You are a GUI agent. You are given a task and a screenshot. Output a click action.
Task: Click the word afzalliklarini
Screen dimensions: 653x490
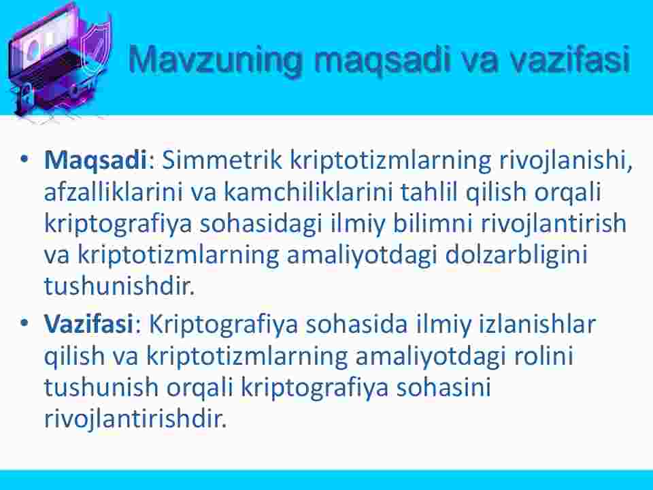114,192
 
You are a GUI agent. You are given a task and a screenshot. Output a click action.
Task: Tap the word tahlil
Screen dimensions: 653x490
429,192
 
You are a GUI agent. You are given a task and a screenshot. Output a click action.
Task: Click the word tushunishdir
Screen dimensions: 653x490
119,287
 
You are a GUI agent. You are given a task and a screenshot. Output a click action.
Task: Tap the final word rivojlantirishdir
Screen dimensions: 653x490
135,419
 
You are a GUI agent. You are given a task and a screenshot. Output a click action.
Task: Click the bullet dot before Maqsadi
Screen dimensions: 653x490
24,159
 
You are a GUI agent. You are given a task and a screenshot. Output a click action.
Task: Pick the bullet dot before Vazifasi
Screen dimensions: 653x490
24,322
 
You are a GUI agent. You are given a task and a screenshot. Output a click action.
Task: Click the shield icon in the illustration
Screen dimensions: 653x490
95,47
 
